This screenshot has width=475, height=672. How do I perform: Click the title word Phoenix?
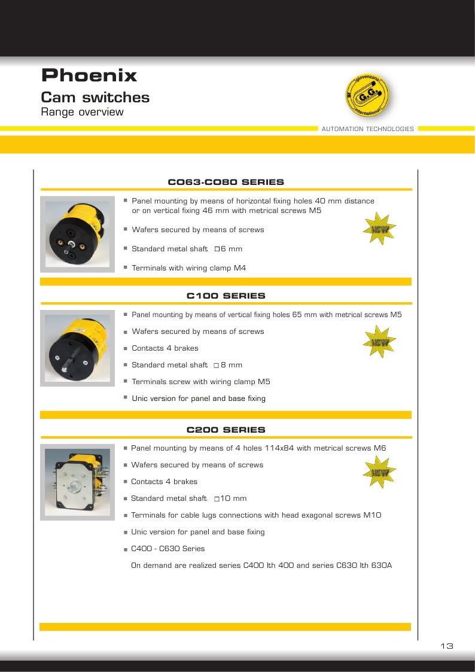click(89, 76)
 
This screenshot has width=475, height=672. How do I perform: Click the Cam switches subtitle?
click(95, 98)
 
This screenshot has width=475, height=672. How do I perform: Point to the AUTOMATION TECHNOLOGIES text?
click(367, 129)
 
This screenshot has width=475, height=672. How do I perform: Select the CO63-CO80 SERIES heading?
click(226, 182)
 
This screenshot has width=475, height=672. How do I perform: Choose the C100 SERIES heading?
click(226, 296)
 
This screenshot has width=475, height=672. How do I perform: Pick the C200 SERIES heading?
click(226, 430)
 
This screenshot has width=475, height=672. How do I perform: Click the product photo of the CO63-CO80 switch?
click(77, 235)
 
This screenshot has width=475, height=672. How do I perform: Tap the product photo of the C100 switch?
click(77, 348)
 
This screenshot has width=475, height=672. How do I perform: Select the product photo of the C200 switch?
click(77, 482)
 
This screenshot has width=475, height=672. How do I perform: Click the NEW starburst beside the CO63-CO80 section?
click(380, 229)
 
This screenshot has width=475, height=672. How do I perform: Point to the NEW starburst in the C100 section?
click(380, 342)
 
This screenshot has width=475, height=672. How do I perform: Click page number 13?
click(446, 646)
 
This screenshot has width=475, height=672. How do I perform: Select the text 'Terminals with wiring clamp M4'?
click(188, 268)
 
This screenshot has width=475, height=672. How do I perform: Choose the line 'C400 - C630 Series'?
click(168, 549)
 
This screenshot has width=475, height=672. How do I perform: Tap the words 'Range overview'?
click(82, 112)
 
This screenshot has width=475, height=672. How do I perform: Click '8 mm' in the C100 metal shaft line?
click(232, 365)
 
